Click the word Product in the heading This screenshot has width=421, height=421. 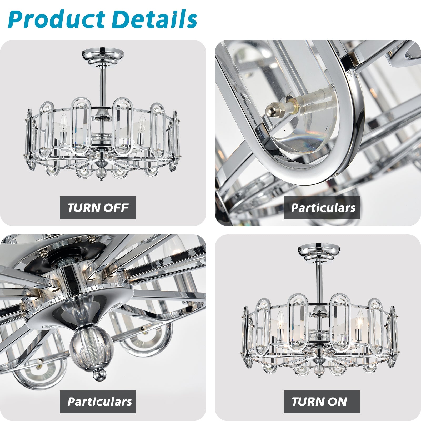57,20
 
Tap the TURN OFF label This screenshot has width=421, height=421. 98,208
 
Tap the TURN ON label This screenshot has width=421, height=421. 319,402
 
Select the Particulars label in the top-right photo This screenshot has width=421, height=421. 323,208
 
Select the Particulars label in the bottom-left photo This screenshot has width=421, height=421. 99,402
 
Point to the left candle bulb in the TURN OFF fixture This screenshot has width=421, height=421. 63,122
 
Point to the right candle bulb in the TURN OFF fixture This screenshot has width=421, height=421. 142,122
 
